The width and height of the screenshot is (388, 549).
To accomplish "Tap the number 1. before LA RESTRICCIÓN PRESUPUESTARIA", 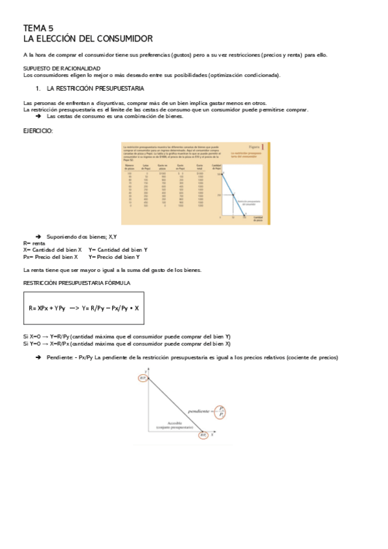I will [38, 87].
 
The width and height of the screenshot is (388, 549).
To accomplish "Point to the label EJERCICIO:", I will [38, 131].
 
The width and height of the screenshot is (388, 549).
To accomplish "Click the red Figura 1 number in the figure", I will [269, 147].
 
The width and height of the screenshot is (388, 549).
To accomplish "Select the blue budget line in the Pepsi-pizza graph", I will [232, 194].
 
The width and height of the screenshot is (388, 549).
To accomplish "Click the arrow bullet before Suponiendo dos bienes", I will [38, 237].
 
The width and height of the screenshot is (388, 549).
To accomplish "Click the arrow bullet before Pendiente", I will [38, 358].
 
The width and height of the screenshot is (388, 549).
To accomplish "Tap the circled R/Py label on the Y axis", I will [143, 378].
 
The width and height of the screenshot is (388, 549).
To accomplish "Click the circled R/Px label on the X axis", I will [203, 436].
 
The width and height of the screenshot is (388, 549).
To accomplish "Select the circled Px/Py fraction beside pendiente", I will [222, 410].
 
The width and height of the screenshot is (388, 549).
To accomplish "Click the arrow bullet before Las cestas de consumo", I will [38, 116].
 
